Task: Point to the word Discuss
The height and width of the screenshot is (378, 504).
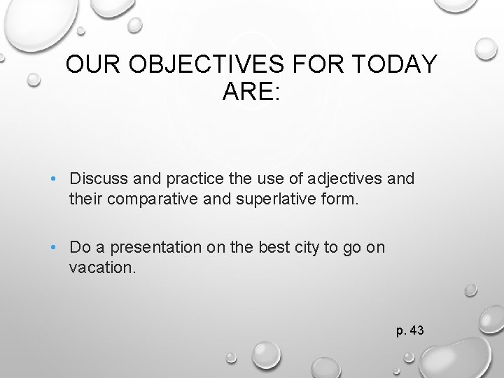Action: pos(99,179)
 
